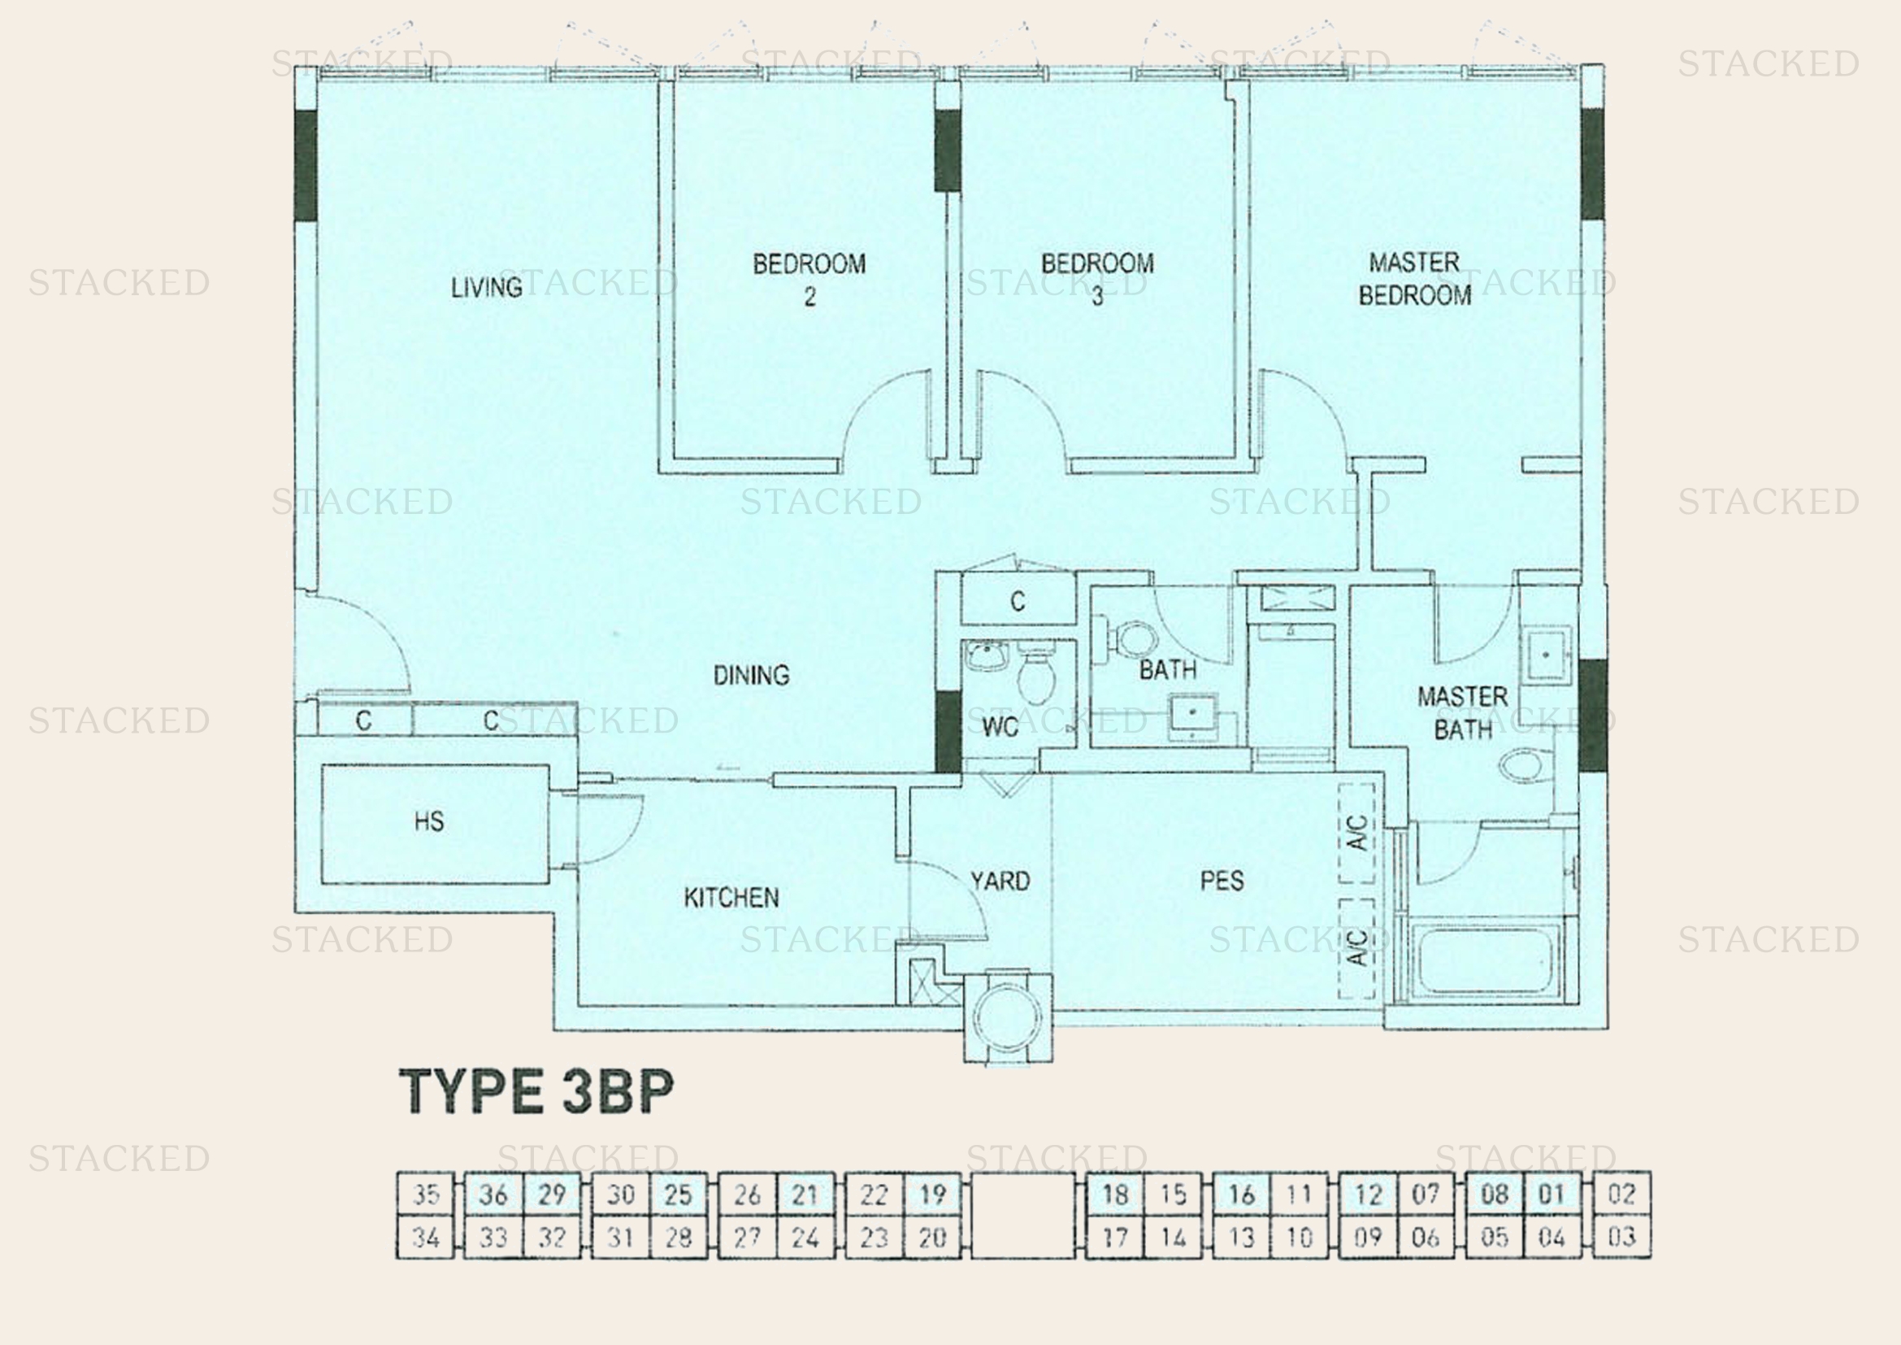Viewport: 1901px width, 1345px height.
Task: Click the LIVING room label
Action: (487, 287)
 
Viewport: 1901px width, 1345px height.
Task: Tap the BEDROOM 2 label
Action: (809, 279)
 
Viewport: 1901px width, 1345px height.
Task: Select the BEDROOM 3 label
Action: (1097, 279)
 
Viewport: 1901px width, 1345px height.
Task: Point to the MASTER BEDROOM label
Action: (1414, 278)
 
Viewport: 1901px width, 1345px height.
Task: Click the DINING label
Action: (751, 675)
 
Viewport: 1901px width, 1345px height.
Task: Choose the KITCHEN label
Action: (731, 897)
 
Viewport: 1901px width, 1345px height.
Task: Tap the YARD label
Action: (1000, 881)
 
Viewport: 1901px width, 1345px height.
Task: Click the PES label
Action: (1222, 880)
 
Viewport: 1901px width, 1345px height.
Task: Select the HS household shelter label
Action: (429, 820)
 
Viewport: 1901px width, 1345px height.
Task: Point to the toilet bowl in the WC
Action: (1036, 679)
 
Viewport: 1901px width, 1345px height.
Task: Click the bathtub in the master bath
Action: (1487, 960)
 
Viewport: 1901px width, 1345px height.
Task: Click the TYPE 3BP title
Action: (536, 1090)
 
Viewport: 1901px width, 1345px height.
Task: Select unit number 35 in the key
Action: (427, 1195)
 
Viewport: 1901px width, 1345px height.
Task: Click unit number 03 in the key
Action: (1621, 1238)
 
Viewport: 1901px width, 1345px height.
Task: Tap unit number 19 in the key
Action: (932, 1195)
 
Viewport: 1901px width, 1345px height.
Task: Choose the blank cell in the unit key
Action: (1022, 1216)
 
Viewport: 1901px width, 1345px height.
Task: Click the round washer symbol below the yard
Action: (1008, 1017)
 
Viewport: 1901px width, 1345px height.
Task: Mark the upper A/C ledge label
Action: (1356, 833)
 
